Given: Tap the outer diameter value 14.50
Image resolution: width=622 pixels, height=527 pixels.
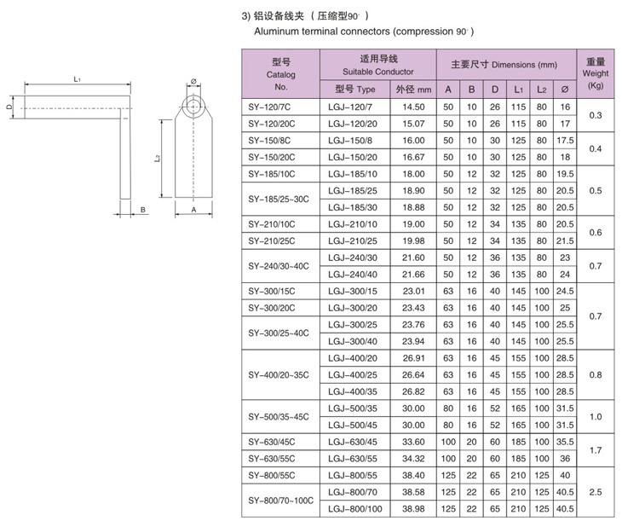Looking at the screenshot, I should coord(413,107).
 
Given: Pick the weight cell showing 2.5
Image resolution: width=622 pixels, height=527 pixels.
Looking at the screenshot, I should coord(596,491).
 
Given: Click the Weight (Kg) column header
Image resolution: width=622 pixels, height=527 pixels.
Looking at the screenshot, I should coord(596,74).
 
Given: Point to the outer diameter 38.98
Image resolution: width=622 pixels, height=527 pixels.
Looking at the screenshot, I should coord(413,508).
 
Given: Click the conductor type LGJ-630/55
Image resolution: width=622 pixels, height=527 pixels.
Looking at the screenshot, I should coord(352,459).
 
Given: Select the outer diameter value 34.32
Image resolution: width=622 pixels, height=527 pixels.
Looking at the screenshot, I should coord(413,459).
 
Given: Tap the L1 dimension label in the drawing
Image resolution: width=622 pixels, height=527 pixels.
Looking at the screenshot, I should coord(77,78).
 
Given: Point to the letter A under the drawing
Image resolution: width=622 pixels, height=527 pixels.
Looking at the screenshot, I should coord(194,209).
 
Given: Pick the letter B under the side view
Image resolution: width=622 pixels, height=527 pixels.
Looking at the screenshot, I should coord(142,208).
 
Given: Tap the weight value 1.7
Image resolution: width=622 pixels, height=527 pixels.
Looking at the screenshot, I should coord(596,449).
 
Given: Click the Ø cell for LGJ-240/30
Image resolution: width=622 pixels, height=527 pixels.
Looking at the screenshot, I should coord(563,258).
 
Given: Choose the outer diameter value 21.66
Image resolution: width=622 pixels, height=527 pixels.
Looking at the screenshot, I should coord(413,274).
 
